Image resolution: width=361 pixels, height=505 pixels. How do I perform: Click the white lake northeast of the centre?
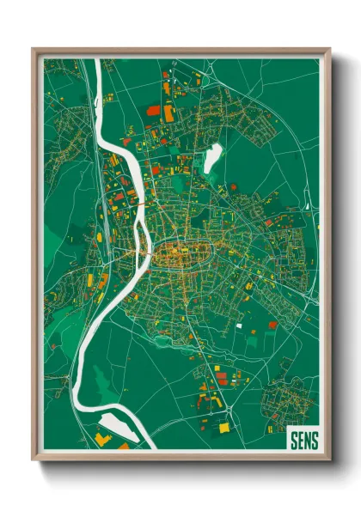click(x=211, y=157)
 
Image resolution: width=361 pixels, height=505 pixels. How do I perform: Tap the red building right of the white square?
click(x=273, y=326)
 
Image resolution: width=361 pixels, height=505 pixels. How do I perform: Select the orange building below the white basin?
click(x=102, y=439)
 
